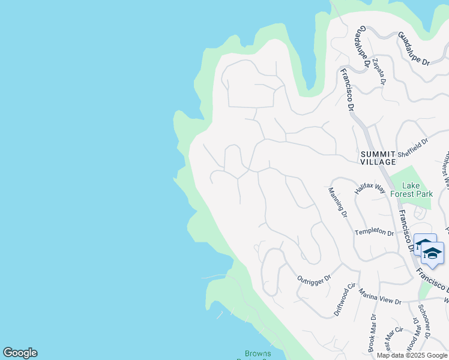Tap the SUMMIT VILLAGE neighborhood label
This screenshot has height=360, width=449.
pyautogui.click(x=378, y=158)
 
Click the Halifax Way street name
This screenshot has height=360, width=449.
pyautogui.click(x=369, y=187)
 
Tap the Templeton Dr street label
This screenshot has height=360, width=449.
pyautogui.click(x=374, y=232)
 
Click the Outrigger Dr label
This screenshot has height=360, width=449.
pyautogui.click(x=314, y=278)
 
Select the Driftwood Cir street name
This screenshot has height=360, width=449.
pyautogui.click(x=345, y=300)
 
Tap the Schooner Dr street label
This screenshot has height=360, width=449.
pyautogui.click(x=423, y=322)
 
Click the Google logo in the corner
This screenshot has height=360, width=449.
pyautogui.click(x=20, y=353)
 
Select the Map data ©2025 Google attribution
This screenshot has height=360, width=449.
pyautogui.click(x=412, y=355)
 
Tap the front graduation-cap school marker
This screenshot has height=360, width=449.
pyautogui.click(x=432, y=253)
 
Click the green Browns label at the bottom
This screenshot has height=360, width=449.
pyautogui.click(x=258, y=353)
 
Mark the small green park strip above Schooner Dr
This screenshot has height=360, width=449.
pyautogui.click(x=425, y=290)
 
